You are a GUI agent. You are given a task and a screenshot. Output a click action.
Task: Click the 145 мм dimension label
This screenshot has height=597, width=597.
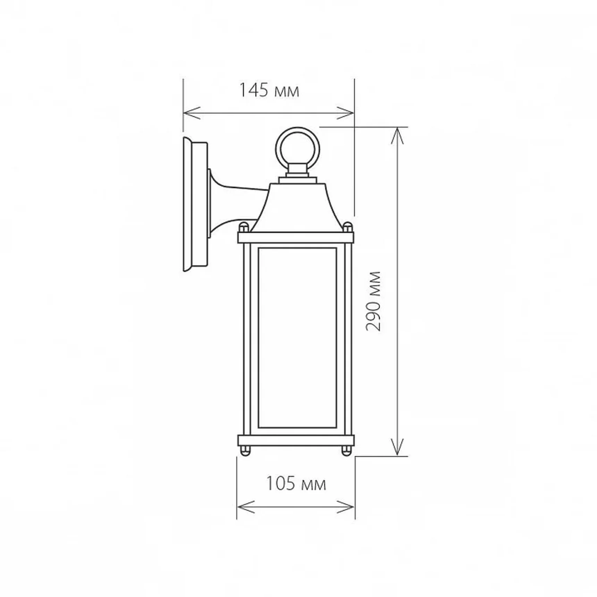(x=269, y=90)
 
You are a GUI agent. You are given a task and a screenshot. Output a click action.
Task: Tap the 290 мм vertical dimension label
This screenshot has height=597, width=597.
(x=374, y=301)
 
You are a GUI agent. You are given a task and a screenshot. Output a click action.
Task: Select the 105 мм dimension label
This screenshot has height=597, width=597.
(x=296, y=484)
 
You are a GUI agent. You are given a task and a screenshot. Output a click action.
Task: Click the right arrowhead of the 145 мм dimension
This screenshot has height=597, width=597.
(x=345, y=113)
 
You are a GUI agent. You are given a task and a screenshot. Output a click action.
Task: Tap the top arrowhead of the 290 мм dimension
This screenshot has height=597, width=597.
(x=397, y=135)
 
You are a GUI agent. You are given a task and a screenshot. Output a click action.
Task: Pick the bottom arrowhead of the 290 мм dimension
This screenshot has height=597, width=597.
(x=397, y=447)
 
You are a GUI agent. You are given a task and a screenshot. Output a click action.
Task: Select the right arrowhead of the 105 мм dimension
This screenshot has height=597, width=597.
(x=346, y=507)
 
